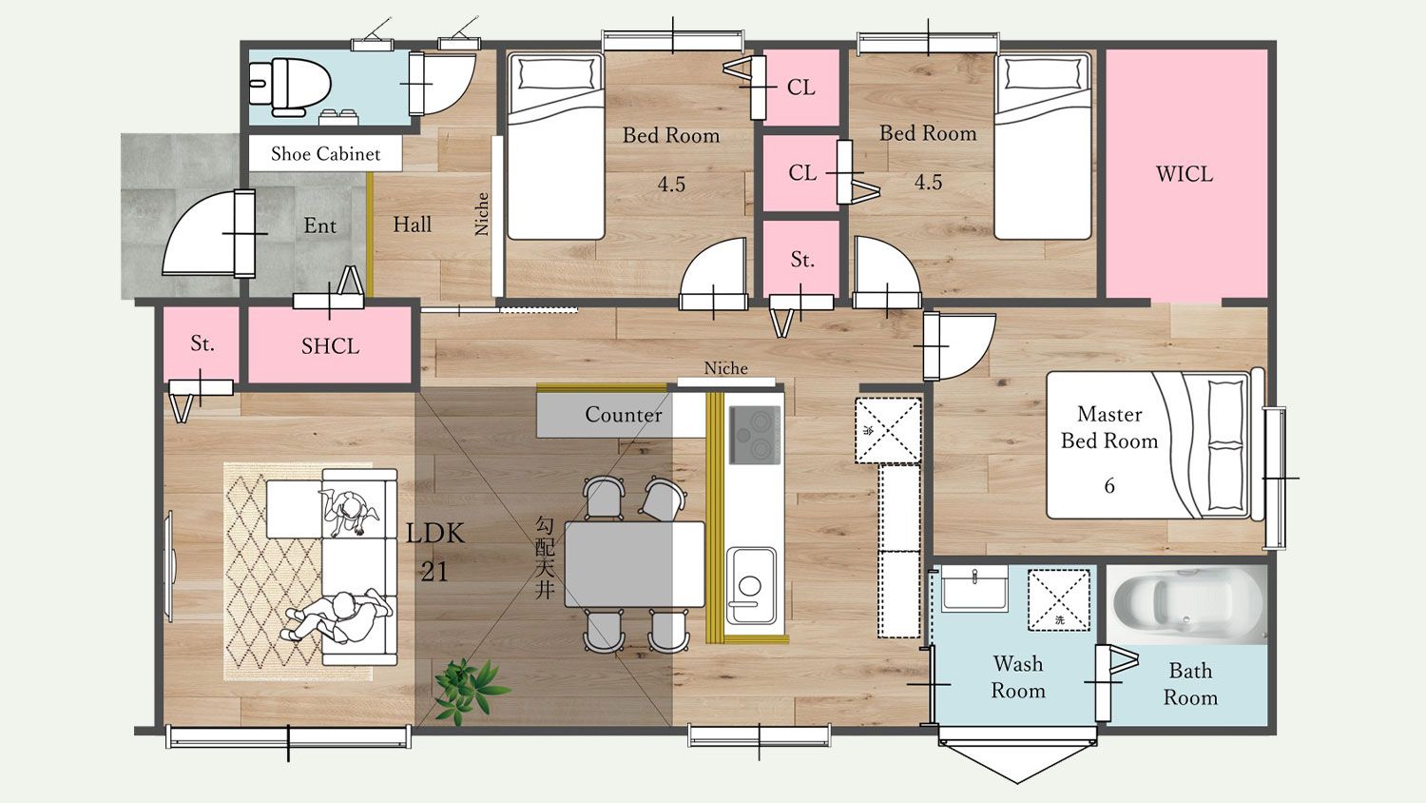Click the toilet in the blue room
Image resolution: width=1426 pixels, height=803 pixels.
click(290, 88)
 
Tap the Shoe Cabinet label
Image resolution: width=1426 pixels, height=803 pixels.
click(325, 153)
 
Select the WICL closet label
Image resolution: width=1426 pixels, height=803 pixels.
click(1185, 173)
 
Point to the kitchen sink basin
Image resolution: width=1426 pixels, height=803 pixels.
click(751, 586)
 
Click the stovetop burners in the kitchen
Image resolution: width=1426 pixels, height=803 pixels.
click(755, 435)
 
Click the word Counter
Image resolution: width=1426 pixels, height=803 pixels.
click(624, 414)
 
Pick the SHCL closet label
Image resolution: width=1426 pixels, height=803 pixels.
click(330, 346)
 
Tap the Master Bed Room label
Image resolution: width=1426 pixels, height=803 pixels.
click(1109, 427)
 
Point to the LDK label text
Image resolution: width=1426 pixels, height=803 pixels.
click(435, 534)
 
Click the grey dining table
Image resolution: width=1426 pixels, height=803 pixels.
click(634, 564)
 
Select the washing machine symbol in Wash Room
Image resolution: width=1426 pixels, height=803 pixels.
click(1058, 600)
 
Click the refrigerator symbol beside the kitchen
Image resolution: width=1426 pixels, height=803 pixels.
click(887, 430)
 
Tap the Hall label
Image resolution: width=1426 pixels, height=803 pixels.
click(412, 225)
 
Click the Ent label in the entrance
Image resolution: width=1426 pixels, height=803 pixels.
click(319, 225)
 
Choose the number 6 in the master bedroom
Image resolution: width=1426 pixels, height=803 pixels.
click(1109, 485)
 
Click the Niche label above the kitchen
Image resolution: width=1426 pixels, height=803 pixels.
click(725, 368)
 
